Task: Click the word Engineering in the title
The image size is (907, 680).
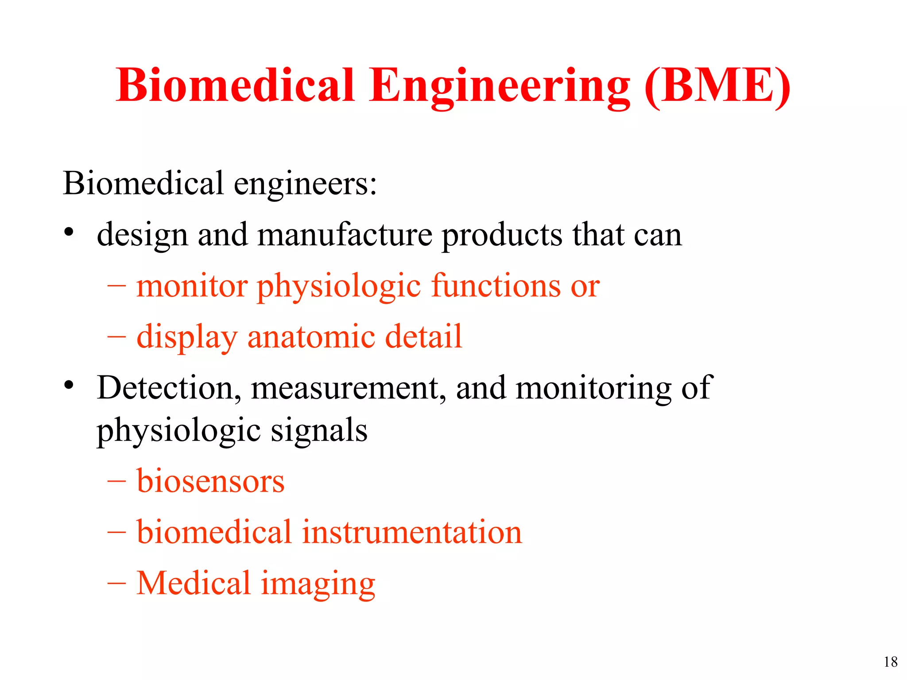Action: tap(500, 86)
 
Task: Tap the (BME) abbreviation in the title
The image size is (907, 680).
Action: tap(717, 86)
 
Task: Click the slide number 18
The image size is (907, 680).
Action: tap(891, 662)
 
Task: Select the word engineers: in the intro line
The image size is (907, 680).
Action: tap(305, 184)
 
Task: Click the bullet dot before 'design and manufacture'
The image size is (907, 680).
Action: tap(68, 232)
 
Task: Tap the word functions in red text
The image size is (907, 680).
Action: tap(496, 286)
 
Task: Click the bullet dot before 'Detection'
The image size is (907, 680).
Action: tap(68, 385)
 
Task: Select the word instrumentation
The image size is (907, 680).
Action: tap(412, 532)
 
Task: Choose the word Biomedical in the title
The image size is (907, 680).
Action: tap(235, 86)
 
